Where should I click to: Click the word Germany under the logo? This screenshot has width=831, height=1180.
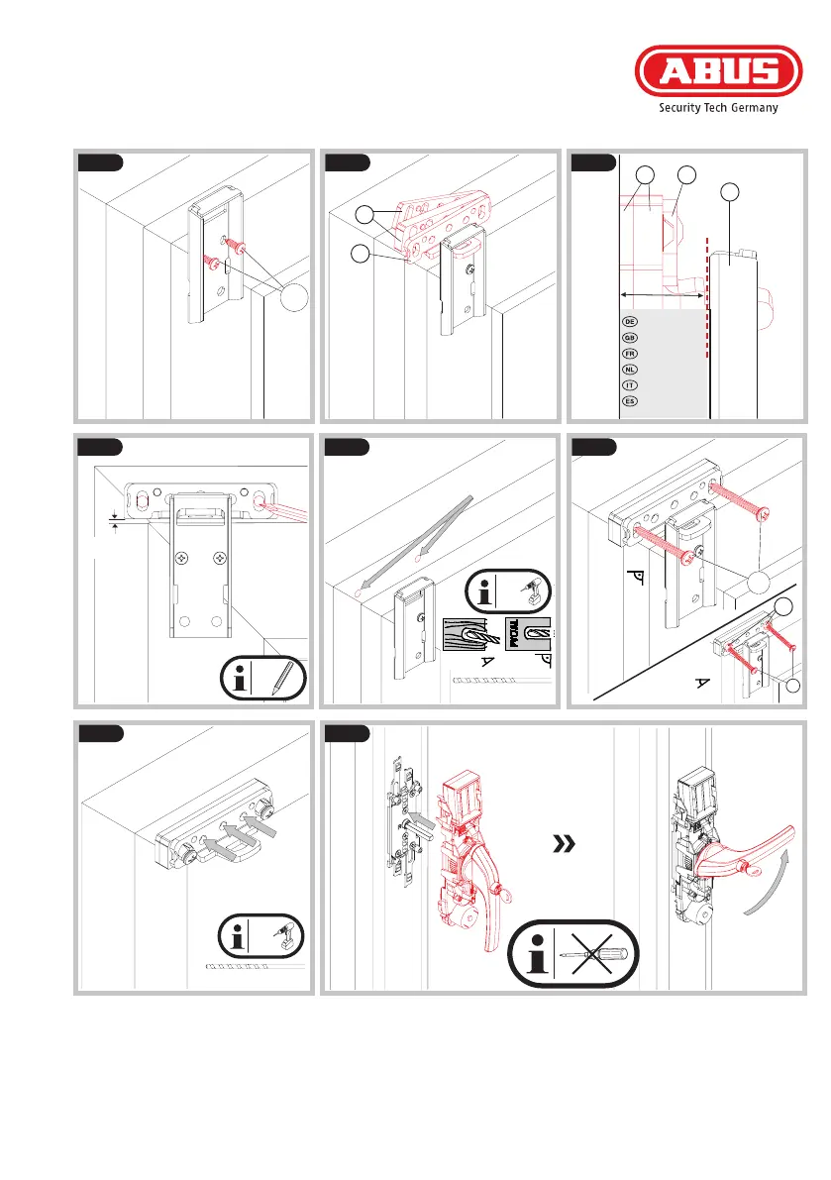[x=753, y=109]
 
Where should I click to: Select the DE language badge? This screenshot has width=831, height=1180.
[x=629, y=322]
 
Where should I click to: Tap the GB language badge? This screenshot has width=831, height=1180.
[x=629, y=338]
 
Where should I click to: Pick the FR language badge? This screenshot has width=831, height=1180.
[x=629, y=354]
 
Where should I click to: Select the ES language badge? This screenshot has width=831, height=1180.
[x=629, y=401]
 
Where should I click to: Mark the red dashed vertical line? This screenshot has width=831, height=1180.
[x=707, y=327]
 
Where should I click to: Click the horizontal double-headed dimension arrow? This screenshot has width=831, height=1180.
[x=662, y=294]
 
